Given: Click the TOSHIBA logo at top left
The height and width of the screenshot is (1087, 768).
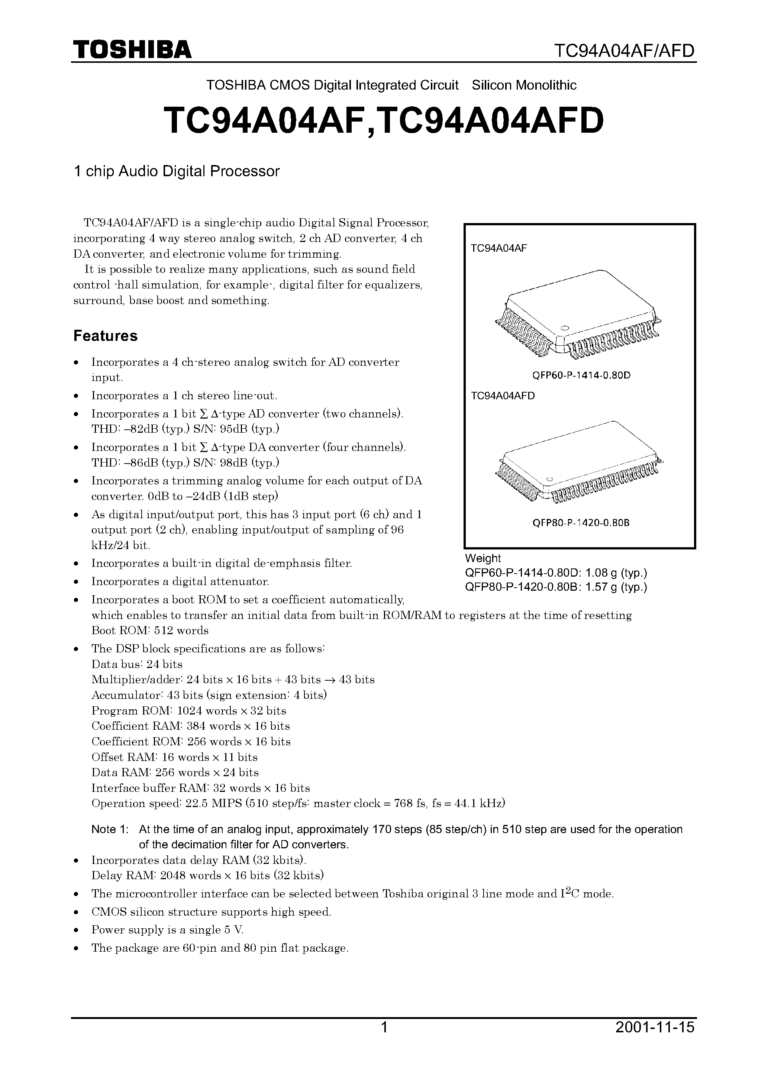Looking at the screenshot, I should click(x=132, y=50).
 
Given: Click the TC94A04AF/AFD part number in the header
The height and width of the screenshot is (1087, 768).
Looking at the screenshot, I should click(x=624, y=50).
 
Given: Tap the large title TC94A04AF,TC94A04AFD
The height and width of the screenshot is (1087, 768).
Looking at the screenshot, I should click(x=384, y=120).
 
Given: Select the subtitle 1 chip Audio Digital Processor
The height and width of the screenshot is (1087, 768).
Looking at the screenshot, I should click(x=177, y=171).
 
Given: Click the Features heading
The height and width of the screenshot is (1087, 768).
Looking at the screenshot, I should click(x=105, y=336).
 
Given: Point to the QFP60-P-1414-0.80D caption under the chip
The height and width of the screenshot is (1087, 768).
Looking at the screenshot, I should click(x=581, y=375).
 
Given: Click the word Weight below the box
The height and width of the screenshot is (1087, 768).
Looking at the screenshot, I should click(x=483, y=558).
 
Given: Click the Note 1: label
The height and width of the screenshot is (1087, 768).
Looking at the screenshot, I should click(x=110, y=829).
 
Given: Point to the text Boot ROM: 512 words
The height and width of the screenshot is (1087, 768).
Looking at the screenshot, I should click(x=150, y=630).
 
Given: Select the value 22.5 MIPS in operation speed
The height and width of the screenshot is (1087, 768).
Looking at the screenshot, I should click(x=211, y=803).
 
